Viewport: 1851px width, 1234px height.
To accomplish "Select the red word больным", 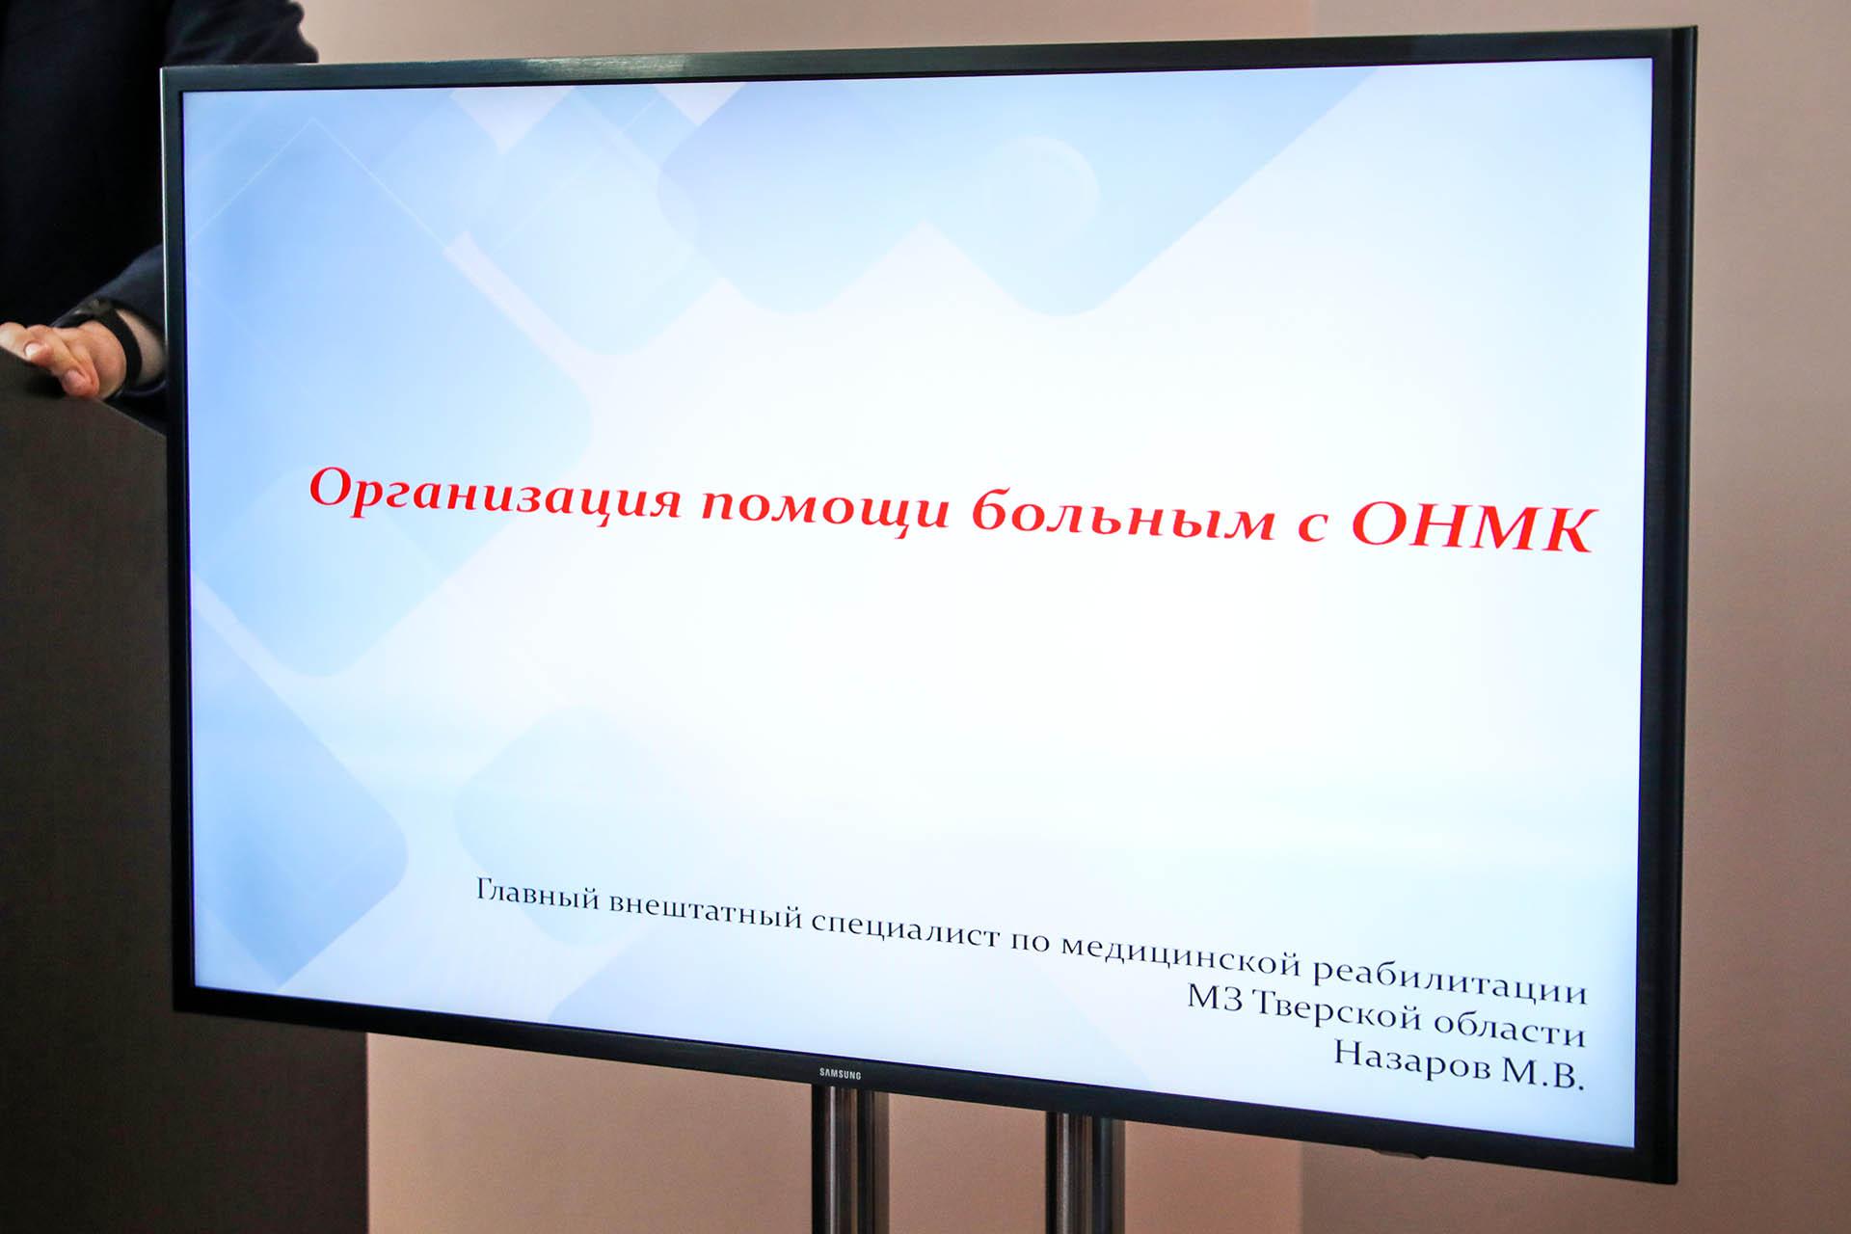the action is [1123, 512].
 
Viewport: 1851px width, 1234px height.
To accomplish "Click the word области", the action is [1510, 1028].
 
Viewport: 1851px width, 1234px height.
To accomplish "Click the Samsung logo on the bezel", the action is [840, 1073].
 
